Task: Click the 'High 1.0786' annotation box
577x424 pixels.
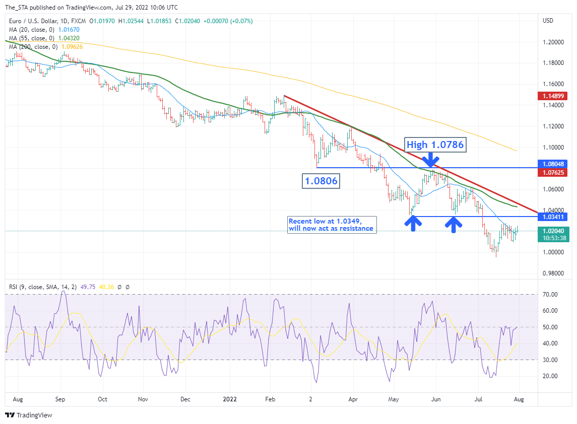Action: point(435,145)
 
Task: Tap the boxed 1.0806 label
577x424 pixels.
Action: point(320,181)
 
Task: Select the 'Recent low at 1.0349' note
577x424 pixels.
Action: point(332,225)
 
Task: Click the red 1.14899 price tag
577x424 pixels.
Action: point(553,96)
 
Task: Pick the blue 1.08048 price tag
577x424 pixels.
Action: point(553,164)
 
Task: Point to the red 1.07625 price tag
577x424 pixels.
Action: point(553,173)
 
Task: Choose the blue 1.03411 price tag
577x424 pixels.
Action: point(553,217)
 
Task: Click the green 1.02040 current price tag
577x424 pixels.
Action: point(553,231)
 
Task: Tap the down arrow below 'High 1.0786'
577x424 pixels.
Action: point(429,160)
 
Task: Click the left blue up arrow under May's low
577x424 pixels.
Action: point(413,223)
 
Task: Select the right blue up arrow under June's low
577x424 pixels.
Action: point(454,224)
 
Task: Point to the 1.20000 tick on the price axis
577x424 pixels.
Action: point(553,42)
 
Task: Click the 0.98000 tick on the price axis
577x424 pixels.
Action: point(553,273)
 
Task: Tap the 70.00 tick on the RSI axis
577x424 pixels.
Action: point(550,294)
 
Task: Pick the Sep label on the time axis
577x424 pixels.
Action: point(60,399)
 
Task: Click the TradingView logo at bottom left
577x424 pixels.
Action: point(29,415)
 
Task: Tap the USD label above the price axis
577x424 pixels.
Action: point(548,21)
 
